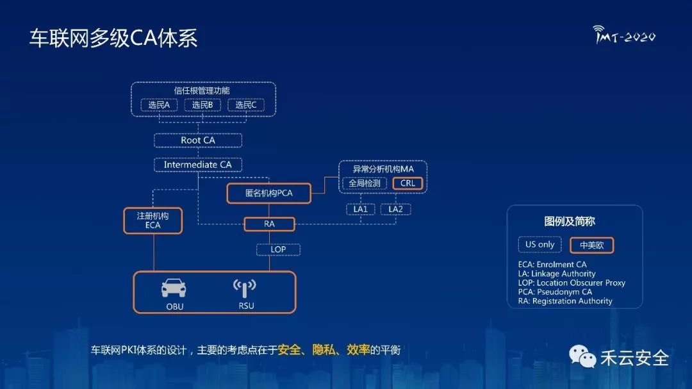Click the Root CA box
tap(197, 140)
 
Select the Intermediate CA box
tap(197, 165)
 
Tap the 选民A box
tap(159, 105)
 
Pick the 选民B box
tap(202, 105)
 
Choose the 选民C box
tap(245, 105)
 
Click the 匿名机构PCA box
tap(269, 193)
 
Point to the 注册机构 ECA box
tap(153, 220)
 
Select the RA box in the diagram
tap(269, 224)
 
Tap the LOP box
tap(278, 249)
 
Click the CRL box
tap(408, 183)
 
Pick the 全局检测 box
tap(365, 183)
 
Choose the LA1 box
tap(361, 209)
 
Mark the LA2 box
tap(395, 209)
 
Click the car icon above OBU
tap(174, 288)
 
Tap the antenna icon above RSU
tap(245, 288)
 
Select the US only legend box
tap(540, 245)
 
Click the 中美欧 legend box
tap(591, 245)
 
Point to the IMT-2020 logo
tap(624, 35)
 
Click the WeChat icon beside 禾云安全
tap(583, 357)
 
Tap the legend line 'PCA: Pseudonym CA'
tap(555, 292)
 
